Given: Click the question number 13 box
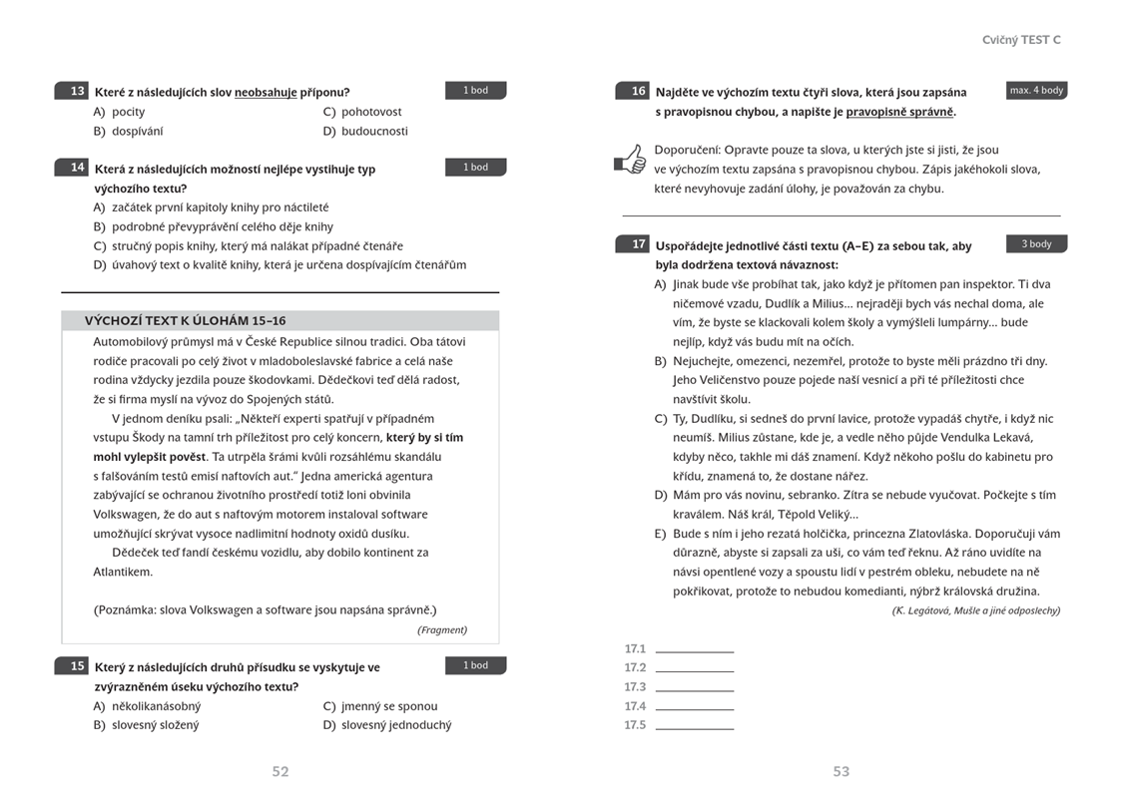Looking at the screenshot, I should click(75, 91).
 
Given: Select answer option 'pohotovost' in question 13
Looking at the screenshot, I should click(370, 112).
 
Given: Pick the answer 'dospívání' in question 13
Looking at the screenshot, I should click(137, 131).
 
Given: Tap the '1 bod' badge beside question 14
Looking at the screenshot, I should click(475, 168).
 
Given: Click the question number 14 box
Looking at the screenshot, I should click(75, 168).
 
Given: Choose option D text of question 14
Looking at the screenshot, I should click(288, 264).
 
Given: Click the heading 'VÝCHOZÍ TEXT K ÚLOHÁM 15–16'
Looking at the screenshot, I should click(185, 320).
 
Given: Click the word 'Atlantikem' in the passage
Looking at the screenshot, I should click(123, 572).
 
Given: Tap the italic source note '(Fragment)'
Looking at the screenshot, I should click(441, 629).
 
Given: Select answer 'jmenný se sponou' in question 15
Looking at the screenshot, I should click(388, 706).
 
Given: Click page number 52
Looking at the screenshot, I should click(280, 771).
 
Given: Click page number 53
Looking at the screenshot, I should click(841, 771).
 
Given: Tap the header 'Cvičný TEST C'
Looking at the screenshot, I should click(1021, 40).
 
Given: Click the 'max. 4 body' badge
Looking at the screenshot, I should click(1036, 91).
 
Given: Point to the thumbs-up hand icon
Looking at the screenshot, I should click(631, 159).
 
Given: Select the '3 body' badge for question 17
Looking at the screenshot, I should click(1036, 243).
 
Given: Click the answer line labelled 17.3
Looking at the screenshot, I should click(694, 687).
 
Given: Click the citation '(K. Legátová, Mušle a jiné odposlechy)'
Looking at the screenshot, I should click(975, 610).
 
